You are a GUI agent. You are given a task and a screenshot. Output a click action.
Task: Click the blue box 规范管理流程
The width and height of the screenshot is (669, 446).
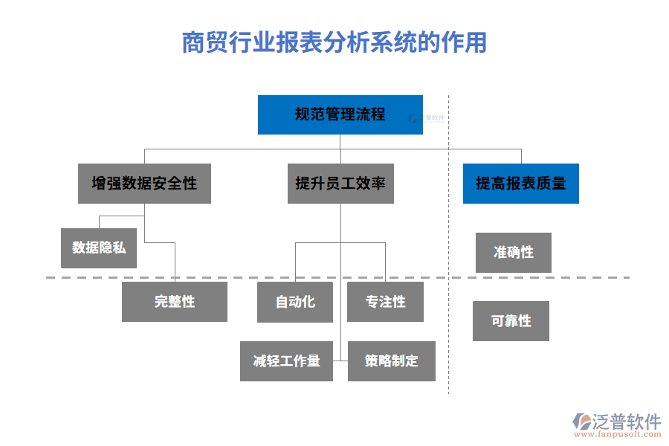tap(340, 114)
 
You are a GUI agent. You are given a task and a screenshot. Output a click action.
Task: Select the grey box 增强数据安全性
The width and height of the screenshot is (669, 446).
tap(144, 184)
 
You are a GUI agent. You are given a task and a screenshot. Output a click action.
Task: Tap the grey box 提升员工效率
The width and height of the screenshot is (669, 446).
tap(340, 184)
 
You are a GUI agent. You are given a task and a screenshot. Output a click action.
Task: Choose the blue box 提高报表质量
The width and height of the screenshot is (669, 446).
tap(520, 184)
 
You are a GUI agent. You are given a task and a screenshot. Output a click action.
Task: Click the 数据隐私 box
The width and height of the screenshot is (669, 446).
tap(99, 248)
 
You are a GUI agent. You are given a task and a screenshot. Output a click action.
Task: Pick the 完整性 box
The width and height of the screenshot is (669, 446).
tap(175, 301)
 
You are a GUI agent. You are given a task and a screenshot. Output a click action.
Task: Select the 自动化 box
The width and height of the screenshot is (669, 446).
tap(294, 301)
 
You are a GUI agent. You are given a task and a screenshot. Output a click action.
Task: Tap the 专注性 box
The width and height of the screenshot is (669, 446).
tap(385, 301)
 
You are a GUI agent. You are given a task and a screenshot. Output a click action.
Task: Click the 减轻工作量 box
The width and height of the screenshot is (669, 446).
tap(286, 361)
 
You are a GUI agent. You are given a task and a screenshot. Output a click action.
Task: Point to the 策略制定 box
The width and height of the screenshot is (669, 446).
tap(391, 361)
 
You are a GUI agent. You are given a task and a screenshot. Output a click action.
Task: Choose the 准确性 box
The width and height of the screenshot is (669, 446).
tap(514, 252)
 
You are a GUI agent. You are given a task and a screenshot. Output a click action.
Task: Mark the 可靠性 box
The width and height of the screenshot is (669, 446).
tap(511, 321)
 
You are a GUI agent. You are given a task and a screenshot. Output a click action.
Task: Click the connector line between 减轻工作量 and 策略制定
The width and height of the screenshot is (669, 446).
tap(340, 361)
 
